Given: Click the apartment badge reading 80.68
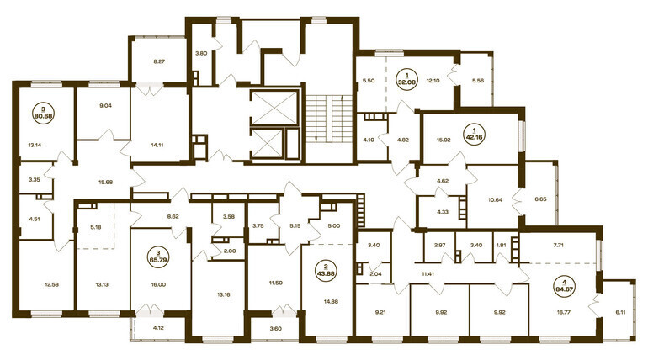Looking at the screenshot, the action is [x=44, y=112].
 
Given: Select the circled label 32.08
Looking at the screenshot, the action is [x=406, y=78].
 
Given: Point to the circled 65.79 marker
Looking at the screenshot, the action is [x=159, y=257].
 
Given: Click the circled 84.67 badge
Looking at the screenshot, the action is [x=566, y=285].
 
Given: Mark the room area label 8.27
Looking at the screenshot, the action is [x=159, y=62].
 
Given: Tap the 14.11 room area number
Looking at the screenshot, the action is [x=158, y=145].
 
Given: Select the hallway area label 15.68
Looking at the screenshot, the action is [x=106, y=182].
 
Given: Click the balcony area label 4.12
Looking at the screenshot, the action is [x=158, y=329].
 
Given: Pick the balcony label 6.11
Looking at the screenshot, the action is [x=620, y=313].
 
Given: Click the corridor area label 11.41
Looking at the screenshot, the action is [x=427, y=273].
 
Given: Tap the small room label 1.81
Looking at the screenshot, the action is [x=501, y=246].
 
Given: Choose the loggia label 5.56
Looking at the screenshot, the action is [x=477, y=81].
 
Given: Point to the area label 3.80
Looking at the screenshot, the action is [x=201, y=53].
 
